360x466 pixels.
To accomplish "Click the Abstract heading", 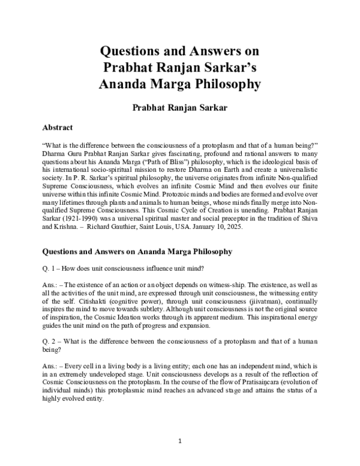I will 57,127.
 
